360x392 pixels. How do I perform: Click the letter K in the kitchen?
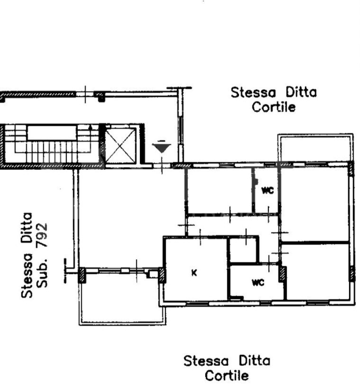[x=194, y=273]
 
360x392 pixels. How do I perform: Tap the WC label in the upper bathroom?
[x=267, y=191]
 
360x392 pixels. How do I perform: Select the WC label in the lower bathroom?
[x=258, y=283]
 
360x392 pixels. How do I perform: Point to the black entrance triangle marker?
[x=162, y=148]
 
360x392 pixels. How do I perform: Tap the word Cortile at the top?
[x=273, y=107]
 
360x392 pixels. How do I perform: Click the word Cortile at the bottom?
[x=227, y=376]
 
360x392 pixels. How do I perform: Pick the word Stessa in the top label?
[x=253, y=93]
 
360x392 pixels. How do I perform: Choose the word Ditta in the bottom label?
[x=254, y=361]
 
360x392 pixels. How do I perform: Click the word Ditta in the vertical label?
[x=26, y=228]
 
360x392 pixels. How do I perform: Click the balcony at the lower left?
[x=122, y=298]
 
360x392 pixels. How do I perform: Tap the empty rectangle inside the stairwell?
[x=52, y=133]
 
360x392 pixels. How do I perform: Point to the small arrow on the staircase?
[x=90, y=128]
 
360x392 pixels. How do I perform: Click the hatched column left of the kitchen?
[x=162, y=275]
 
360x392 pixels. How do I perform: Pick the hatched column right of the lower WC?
[x=283, y=274]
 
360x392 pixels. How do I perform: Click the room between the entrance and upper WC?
[x=219, y=191]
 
